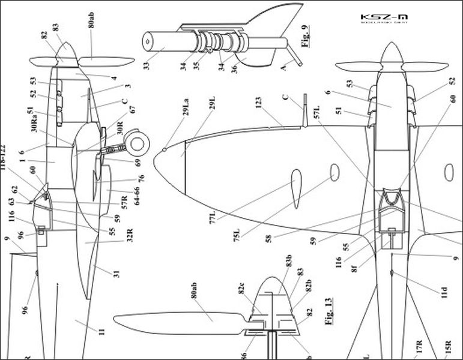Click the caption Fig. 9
coord(306,36)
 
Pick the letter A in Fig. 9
coord(284,68)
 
